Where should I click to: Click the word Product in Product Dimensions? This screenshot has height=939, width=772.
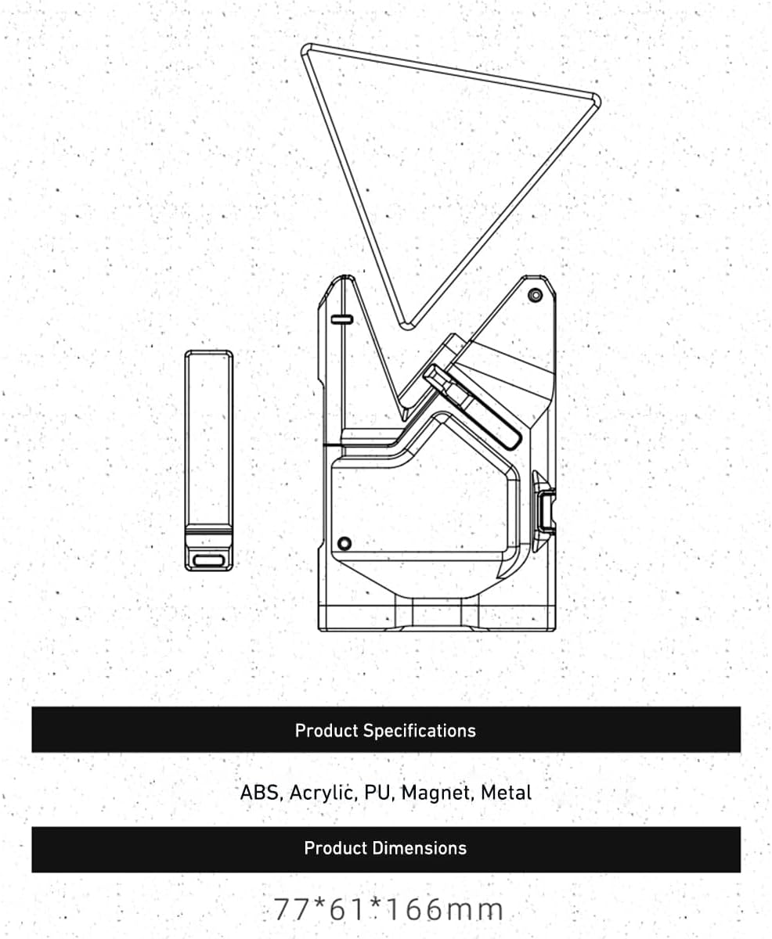[336, 848]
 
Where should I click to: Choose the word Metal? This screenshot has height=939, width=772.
[506, 792]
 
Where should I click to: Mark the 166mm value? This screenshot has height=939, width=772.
[443, 910]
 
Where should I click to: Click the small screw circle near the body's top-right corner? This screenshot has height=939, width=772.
[536, 295]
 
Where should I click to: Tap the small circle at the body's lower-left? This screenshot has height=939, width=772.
[344, 543]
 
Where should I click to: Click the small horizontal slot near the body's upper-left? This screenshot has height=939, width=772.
[342, 318]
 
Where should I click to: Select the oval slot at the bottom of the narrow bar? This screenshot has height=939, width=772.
[209, 559]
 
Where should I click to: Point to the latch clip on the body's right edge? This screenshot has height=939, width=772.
[544, 510]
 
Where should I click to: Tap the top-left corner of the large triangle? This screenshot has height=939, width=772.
[308, 50]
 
